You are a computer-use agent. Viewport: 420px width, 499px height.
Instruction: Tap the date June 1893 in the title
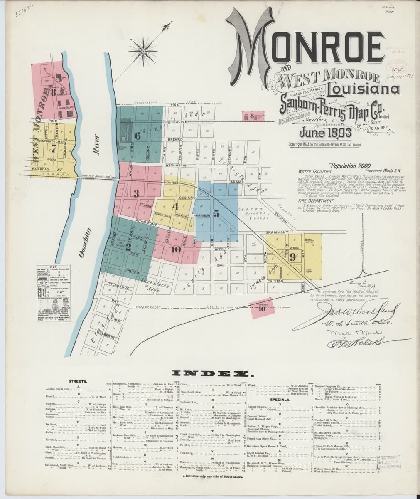pos(325,133)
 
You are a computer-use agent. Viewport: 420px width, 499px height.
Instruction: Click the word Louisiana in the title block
pos(363,89)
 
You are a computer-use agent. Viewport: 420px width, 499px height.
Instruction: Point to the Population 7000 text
pos(347,165)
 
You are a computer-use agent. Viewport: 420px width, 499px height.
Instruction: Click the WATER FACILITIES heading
pos(314,171)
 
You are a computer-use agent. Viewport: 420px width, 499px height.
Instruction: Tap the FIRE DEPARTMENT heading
pos(316,200)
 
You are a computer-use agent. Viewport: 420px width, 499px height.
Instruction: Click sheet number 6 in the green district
pos(138,136)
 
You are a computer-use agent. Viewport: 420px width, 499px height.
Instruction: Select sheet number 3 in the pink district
pos(136,193)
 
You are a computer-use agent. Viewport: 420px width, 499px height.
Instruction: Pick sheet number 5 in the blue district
pos(216,214)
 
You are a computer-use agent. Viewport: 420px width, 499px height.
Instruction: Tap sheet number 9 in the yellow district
pos(292,257)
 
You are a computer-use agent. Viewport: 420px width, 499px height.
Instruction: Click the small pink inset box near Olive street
pos(253,116)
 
